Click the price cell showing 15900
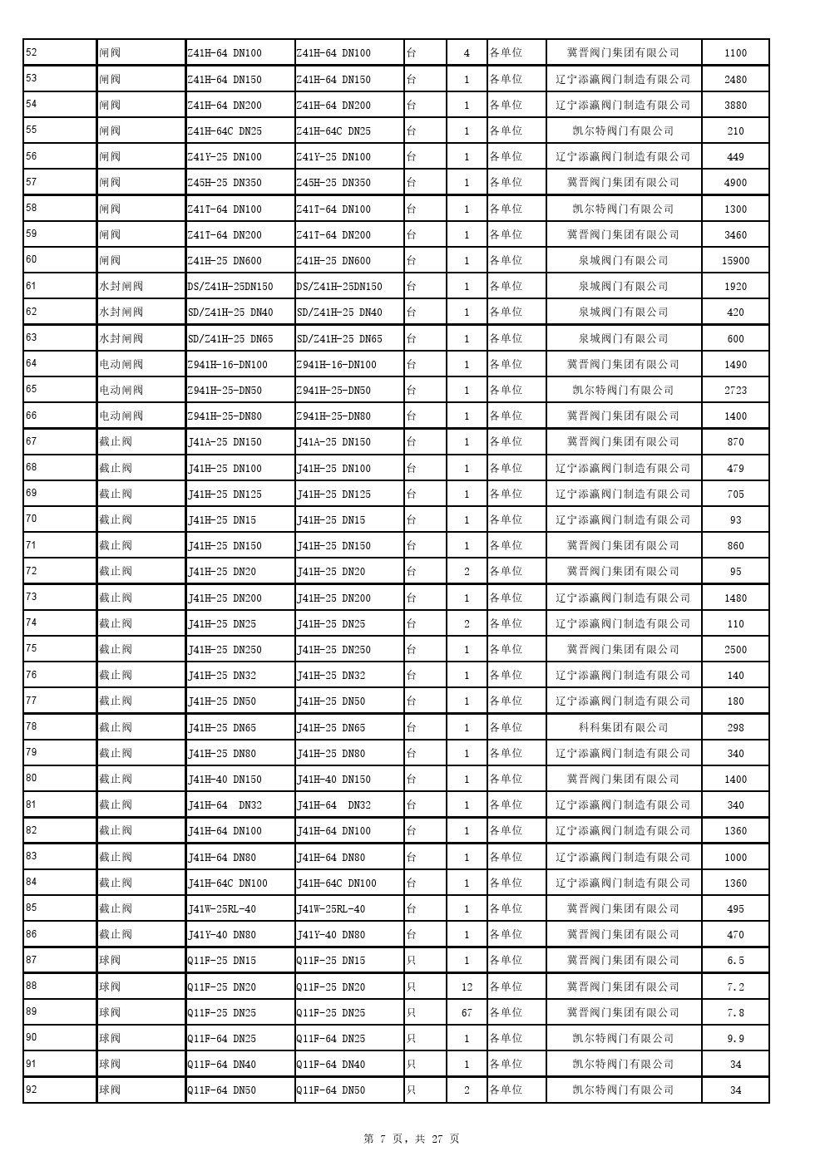[x=735, y=261]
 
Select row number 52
[x=32, y=52]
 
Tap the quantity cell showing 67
[x=467, y=1013]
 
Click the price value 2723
[x=735, y=391]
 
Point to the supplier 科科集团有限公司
[x=623, y=728]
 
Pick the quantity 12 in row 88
[x=467, y=987]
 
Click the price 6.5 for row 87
[x=735, y=961]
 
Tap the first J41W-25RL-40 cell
[x=222, y=909]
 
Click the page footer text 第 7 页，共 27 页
[x=412, y=1139]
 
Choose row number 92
[x=32, y=1089]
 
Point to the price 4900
[x=735, y=183]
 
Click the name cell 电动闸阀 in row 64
[x=121, y=365]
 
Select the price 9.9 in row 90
[x=735, y=1039]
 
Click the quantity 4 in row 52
[x=467, y=53]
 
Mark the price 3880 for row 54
[x=735, y=106]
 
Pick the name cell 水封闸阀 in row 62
[x=121, y=312]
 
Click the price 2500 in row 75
[x=735, y=650]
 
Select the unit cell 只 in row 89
[x=411, y=1013]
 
